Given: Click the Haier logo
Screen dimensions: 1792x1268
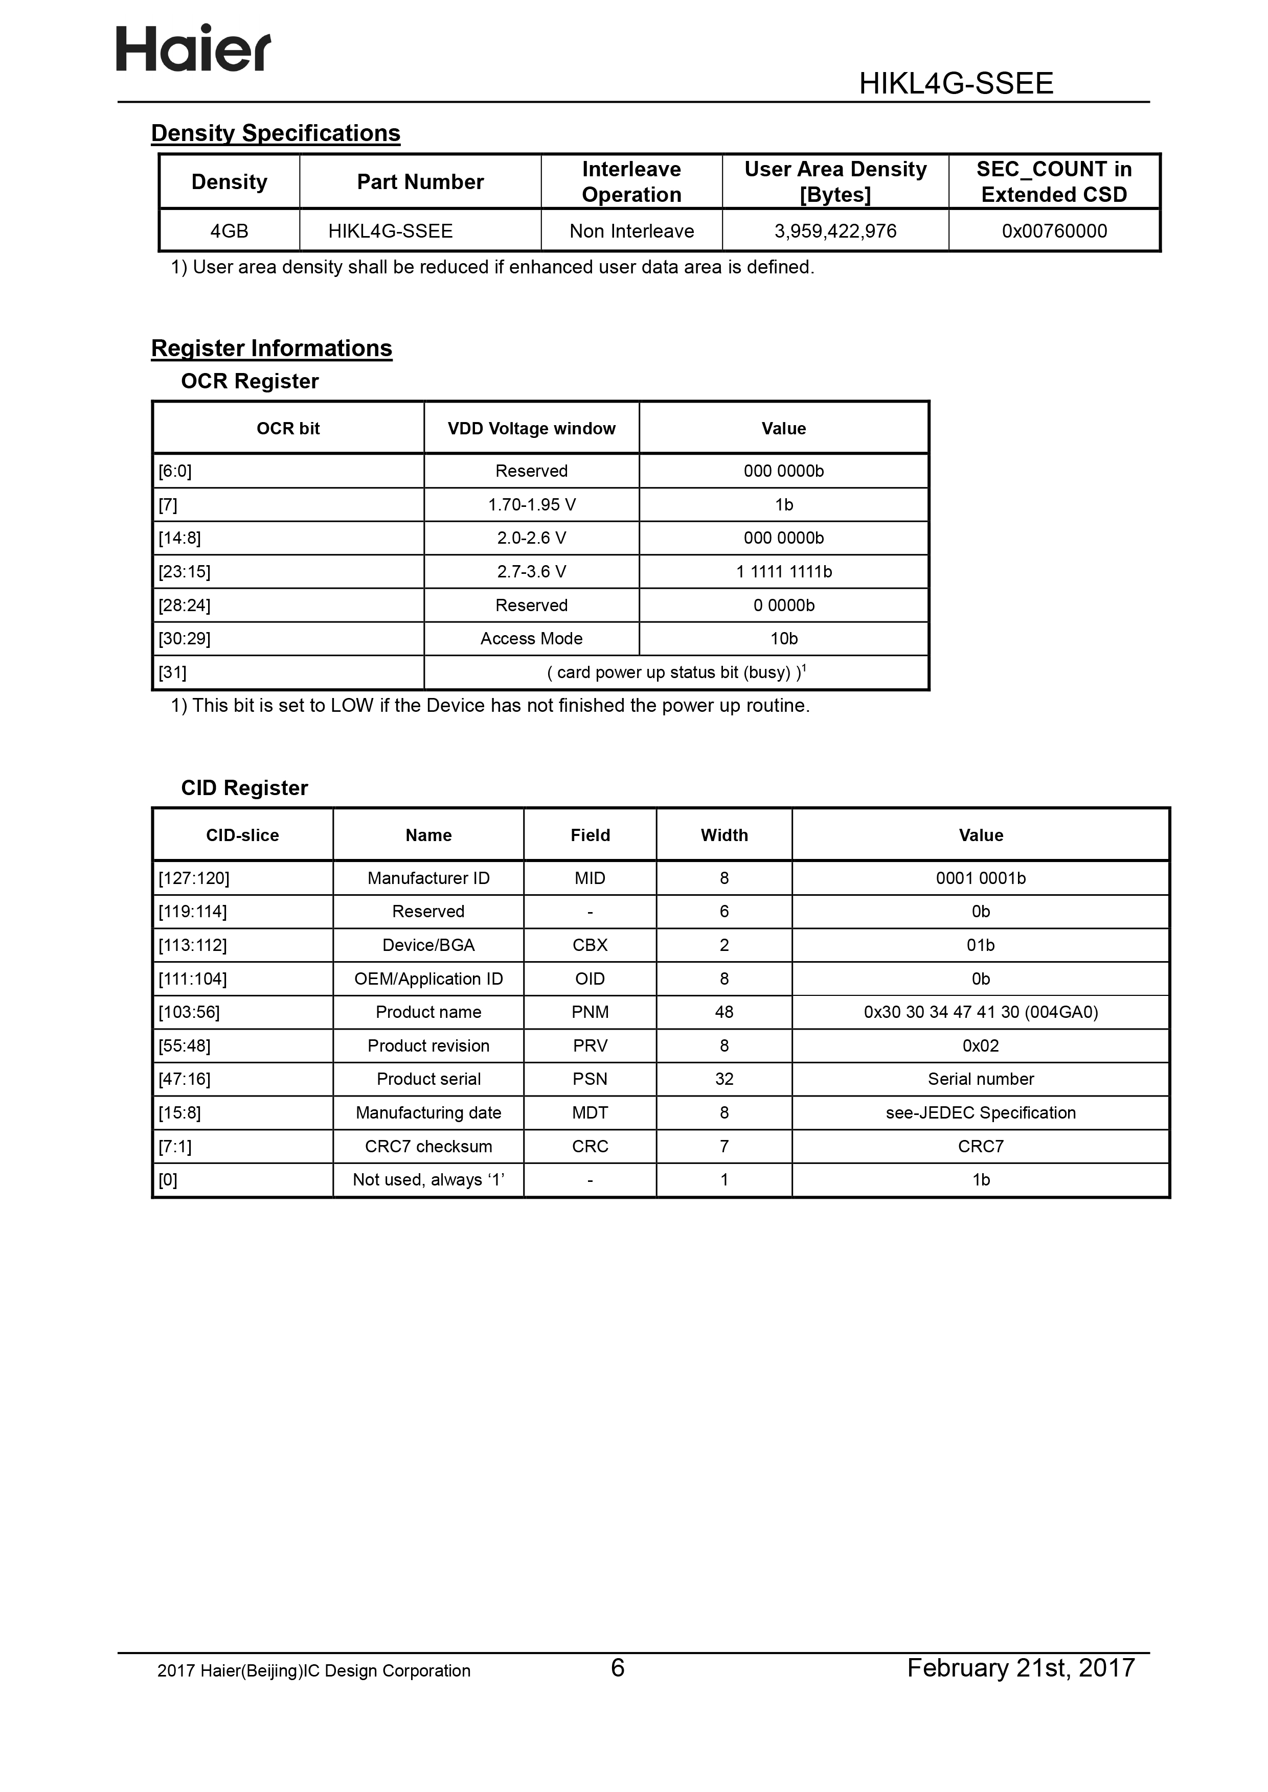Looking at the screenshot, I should pos(194,49).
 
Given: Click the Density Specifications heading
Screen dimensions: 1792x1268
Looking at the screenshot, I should pos(275,133).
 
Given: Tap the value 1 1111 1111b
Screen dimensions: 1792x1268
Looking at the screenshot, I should pos(783,572).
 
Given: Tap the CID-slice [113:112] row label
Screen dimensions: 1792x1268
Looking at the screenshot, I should pos(193,945).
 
